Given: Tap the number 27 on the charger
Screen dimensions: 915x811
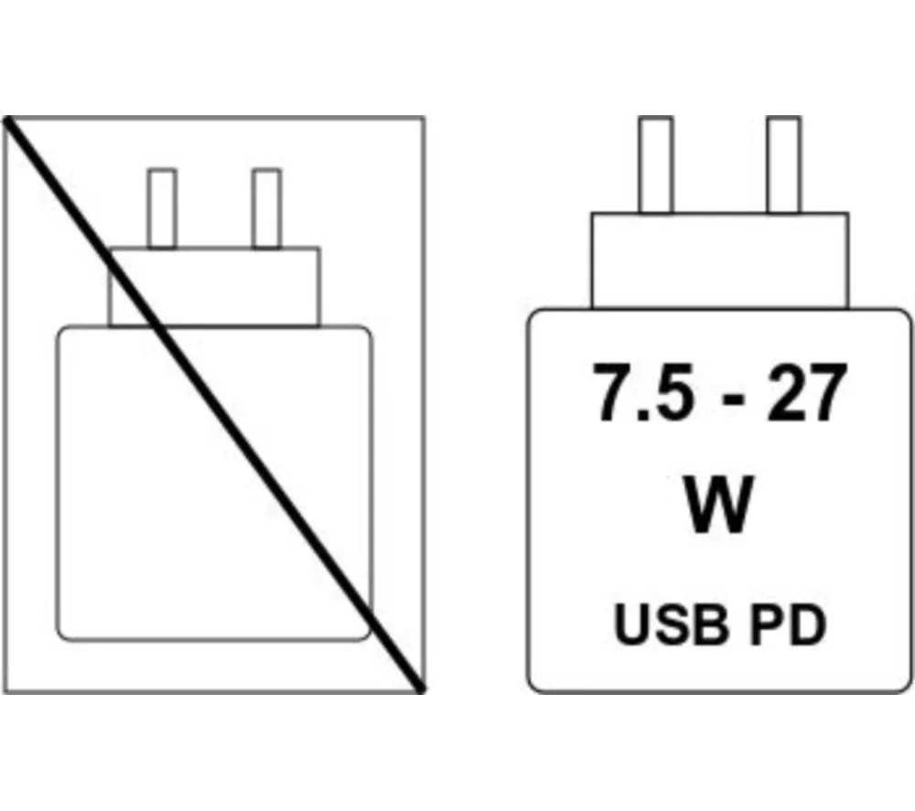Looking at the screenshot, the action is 806,392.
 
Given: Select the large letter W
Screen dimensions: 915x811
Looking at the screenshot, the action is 717,504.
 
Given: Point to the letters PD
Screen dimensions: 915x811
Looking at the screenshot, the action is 788,624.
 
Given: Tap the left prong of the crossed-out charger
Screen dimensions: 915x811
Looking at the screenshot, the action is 162,208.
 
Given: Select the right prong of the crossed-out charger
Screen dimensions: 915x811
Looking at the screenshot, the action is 266,208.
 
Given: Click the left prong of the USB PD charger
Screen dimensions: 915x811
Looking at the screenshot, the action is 655,165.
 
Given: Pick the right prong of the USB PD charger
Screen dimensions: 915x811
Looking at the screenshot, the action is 784,165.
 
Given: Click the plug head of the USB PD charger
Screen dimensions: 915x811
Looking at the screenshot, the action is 719,260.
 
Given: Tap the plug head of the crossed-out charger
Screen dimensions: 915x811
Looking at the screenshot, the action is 214,286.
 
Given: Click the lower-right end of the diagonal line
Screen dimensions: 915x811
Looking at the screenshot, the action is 421,690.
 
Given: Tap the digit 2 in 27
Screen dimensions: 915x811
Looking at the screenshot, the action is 785,391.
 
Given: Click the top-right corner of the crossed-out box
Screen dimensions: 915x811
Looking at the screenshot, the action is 424,117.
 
